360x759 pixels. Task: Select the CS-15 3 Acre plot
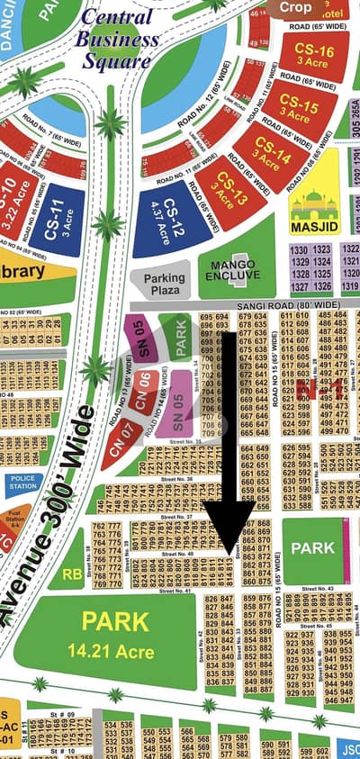(x=296, y=108)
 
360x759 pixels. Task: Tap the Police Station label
(x=22, y=483)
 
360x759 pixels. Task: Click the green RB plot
(x=72, y=573)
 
